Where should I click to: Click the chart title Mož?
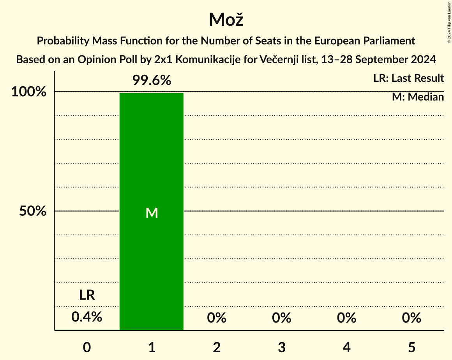(x=226, y=19)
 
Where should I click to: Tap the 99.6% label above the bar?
(x=152, y=80)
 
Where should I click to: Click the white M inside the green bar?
(x=152, y=213)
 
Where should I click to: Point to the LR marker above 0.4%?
(x=87, y=295)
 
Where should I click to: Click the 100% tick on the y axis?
(x=29, y=92)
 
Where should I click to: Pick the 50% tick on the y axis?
(x=33, y=212)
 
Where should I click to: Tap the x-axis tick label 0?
(x=87, y=347)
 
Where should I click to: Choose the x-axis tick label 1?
(x=152, y=347)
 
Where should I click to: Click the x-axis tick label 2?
(x=217, y=347)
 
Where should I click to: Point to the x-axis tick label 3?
(x=282, y=347)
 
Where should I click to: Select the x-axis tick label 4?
(x=346, y=347)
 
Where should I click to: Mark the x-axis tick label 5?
(x=411, y=347)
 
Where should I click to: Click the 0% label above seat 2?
(x=217, y=318)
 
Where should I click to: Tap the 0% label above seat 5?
(x=411, y=318)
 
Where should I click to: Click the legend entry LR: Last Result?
(x=408, y=78)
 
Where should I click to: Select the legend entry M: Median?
(x=418, y=97)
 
